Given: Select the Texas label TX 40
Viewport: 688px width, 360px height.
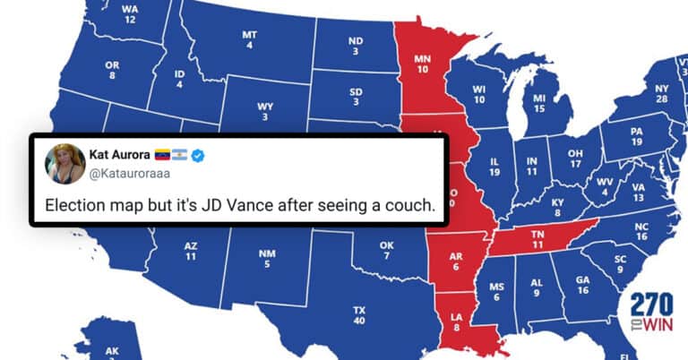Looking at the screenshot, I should point(359,315).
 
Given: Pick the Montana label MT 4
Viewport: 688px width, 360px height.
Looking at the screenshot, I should point(249,40).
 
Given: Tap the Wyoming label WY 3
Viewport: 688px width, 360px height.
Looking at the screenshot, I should point(265,111).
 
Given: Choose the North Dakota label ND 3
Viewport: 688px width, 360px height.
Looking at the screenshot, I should point(356,46).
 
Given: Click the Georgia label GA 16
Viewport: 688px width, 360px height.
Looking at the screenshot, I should point(583,285).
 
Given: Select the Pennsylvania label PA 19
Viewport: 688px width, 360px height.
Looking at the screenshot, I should point(636,136).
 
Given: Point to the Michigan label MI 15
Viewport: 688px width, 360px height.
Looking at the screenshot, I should point(539,103).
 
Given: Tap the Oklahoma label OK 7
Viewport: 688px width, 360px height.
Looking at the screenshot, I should point(387,251).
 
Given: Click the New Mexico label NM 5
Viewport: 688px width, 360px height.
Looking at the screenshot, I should point(267,258).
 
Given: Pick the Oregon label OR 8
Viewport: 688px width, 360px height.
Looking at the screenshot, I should point(112,71).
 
